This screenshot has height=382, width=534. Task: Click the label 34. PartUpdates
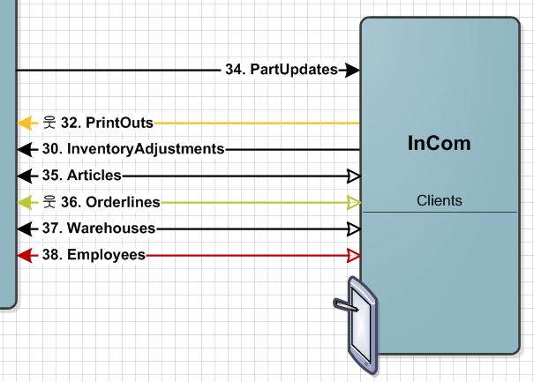pos(282,70)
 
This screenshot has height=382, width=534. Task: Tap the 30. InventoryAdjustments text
pos(132,149)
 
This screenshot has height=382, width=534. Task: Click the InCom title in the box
pos(439,143)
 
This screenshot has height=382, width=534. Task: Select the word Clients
pos(439,200)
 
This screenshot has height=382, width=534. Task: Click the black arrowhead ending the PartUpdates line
pos(352,70)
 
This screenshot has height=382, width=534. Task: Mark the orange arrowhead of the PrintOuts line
pos(25,123)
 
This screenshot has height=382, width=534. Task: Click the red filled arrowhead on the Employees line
pos(25,255)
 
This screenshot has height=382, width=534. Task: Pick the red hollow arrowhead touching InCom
pos(353,255)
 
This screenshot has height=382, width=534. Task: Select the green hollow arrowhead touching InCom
pos(353,202)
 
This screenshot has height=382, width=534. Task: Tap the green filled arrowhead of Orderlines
pos(25,202)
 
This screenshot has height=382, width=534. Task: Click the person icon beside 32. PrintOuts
pos(49,123)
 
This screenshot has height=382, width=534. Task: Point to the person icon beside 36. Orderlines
pos(49,202)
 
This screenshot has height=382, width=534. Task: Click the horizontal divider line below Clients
pos(439,213)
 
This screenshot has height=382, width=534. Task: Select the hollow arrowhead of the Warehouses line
pos(353,228)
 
